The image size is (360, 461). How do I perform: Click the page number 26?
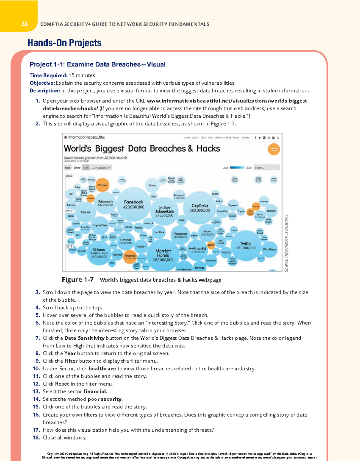coord(25,24)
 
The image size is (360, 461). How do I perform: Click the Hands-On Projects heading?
coord(64,43)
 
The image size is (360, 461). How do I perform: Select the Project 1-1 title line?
coord(97,64)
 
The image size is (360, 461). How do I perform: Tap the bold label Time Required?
coord(48,75)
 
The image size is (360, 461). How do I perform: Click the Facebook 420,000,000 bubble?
coord(133,204)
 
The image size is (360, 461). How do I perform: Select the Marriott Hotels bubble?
coord(163,255)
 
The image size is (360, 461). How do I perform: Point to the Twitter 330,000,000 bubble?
coord(246,246)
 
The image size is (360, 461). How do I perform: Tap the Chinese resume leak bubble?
coord(99,253)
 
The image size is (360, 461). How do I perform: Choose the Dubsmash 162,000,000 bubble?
coord(105,203)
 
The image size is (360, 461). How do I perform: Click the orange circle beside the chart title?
coord(274,149)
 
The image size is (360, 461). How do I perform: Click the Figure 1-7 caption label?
coord(78,280)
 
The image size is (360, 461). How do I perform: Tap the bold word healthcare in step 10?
coord(102,369)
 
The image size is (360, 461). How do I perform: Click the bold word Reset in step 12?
coord(62,384)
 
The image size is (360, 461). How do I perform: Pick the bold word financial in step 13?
coord(94,391)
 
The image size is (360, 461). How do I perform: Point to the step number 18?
coord(36,438)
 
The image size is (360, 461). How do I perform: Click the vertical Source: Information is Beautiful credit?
coord(286,243)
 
